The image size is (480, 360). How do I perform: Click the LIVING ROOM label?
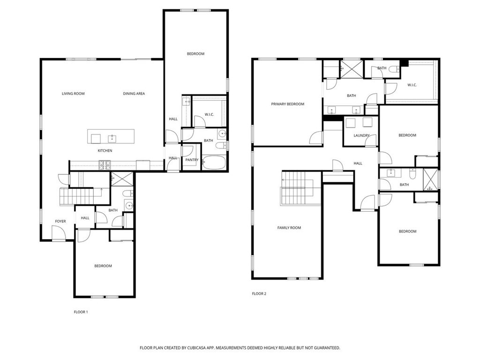[x=73, y=94]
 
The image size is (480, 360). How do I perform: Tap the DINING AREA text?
[x=134, y=94]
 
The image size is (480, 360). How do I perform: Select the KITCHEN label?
[x=105, y=150]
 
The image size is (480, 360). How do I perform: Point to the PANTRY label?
[x=192, y=160]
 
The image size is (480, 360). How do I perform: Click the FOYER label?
[x=60, y=221]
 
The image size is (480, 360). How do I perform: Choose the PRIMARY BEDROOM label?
[x=287, y=104]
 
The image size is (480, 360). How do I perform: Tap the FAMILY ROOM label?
[x=289, y=228]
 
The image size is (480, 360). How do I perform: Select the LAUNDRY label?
[x=361, y=136]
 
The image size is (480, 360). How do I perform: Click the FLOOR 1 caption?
[x=81, y=312]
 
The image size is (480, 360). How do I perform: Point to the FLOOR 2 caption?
[x=259, y=294]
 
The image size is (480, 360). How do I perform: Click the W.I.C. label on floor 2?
[x=412, y=85]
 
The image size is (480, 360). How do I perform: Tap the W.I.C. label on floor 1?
[x=209, y=114]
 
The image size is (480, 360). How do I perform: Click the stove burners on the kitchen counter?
[x=104, y=165]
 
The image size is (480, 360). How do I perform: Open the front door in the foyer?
[x=59, y=233]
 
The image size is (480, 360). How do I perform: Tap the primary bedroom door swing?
[x=316, y=138]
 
